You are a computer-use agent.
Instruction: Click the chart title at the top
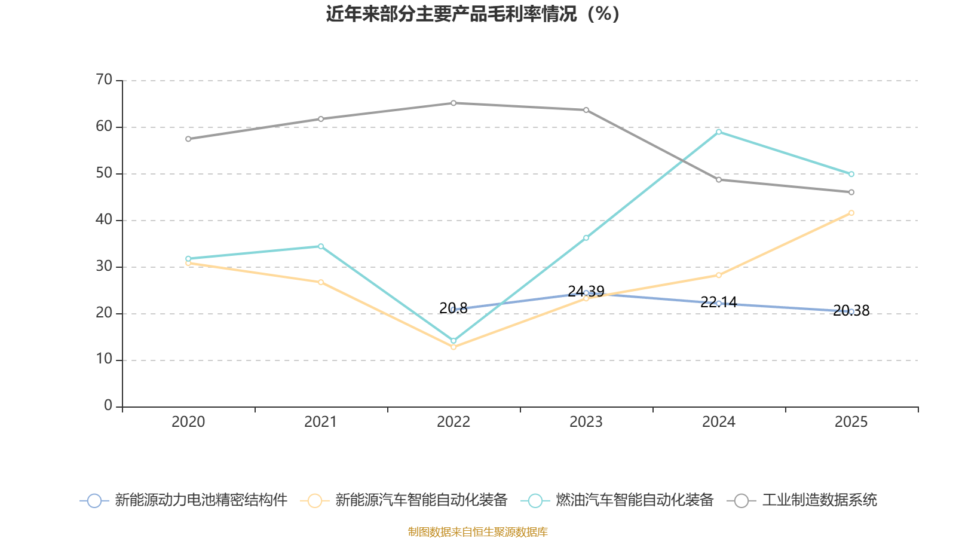pyautogui.click(x=473, y=14)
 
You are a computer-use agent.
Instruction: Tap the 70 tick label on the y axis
pyautogui.click(x=104, y=80)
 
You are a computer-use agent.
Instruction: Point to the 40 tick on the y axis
pyautogui.click(x=104, y=219)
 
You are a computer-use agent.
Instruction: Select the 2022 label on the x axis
pyautogui.click(x=454, y=422)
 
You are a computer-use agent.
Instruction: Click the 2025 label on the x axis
pyautogui.click(x=851, y=422)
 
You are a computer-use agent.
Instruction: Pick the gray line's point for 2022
pyautogui.click(x=454, y=103)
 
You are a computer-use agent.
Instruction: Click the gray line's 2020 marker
pyautogui.click(x=188, y=139)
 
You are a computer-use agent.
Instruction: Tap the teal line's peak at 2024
pyautogui.click(x=719, y=132)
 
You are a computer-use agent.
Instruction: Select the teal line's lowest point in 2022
pyautogui.click(x=454, y=341)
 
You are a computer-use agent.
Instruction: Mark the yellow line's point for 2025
pyautogui.click(x=851, y=213)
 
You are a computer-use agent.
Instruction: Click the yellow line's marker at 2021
pyautogui.click(x=321, y=282)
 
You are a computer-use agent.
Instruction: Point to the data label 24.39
pyautogui.click(x=586, y=291)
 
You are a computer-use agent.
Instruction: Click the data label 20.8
pyautogui.click(x=454, y=308)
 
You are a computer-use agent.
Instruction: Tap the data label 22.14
pyautogui.click(x=719, y=302)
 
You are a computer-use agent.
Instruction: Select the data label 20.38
pyautogui.click(x=851, y=310)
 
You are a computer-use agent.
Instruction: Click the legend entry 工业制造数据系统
pyautogui.click(x=802, y=500)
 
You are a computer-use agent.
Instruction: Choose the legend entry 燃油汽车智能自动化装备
pyautogui.click(x=617, y=500)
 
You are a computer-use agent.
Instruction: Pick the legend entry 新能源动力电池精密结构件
pyautogui.click(x=183, y=500)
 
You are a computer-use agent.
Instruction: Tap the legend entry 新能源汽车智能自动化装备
pyautogui.click(x=404, y=500)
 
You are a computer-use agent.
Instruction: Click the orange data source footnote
pyautogui.click(x=477, y=531)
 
